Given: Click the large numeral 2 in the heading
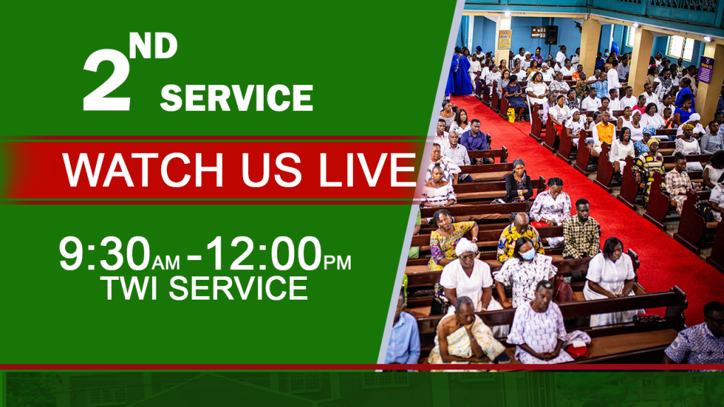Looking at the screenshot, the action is pyautogui.click(x=106, y=79).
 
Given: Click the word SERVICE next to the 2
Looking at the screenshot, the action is pyautogui.click(x=236, y=98).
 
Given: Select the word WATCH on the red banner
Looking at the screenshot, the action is pyautogui.click(x=143, y=170).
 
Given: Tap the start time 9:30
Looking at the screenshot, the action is pyautogui.click(x=105, y=254).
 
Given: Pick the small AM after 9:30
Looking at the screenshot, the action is pyautogui.click(x=165, y=263).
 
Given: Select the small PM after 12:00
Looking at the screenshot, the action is pyautogui.click(x=337, y=263).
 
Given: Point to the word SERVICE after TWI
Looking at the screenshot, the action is pyautogui.click(x=238, y=288).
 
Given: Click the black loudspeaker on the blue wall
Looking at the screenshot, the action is pyautogui.click(x=551, y=35).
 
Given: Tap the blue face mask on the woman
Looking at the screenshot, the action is pyautogui.click(x=527, y=254).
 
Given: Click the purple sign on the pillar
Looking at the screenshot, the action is pyautogui.click(x=706, y=70).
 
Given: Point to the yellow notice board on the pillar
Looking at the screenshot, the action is pyautogui.click(x=504, y=40).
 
